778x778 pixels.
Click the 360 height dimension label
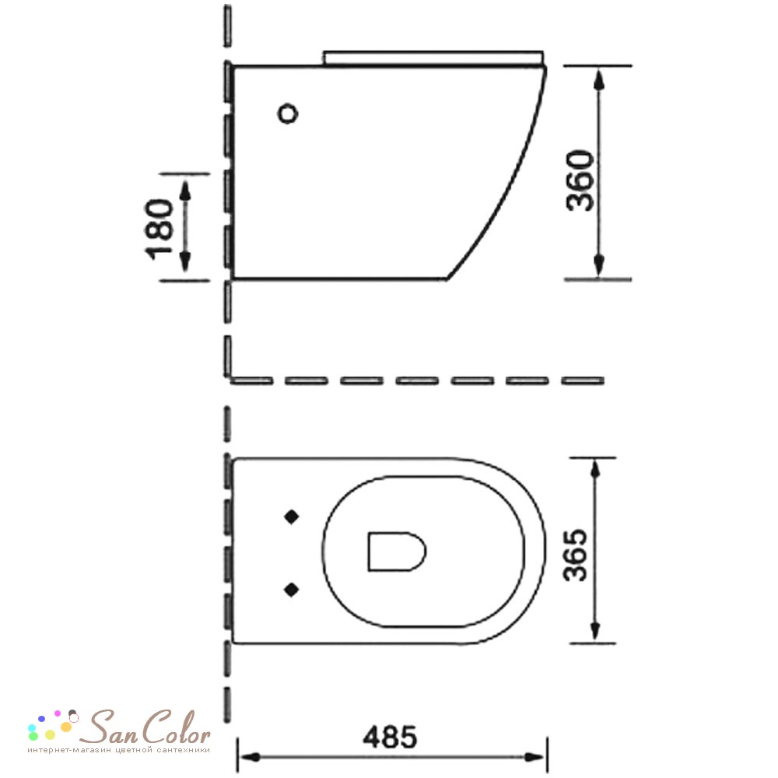click(580, 180)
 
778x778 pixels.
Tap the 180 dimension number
click(159, 230)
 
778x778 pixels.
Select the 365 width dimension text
click(575, 555)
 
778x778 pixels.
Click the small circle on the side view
click(287, 114)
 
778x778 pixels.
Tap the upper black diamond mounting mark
click(291, 517)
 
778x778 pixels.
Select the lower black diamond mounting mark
click(291, 590)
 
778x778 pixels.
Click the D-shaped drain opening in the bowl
click(397, 552)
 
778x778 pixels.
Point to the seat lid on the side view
click(433, 58)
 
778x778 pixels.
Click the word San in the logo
click(108, 727)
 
